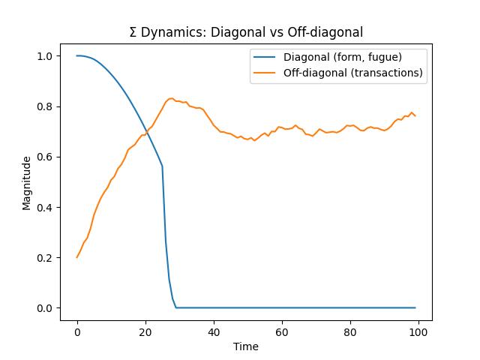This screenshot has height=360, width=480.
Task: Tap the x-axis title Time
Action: (x=246, y=346)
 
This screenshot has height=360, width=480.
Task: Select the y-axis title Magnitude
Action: (x=27, y=182)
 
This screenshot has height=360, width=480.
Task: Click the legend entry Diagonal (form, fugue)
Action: (x=342, y=57)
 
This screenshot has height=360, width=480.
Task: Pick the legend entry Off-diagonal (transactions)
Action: (x=352, y=73)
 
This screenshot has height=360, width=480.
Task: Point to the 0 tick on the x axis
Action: (x=77, y=329)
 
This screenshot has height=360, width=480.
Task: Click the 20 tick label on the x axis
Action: (x=145, y=329)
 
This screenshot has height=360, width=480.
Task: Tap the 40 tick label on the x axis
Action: (x=214, y=329)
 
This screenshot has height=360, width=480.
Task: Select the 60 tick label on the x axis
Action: (x=282, y=329)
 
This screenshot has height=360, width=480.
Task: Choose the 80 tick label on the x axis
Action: (x=350, y=329)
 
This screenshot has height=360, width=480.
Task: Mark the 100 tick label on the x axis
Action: (x=418, y=329)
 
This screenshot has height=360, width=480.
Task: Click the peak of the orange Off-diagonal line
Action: (x=172, y=98)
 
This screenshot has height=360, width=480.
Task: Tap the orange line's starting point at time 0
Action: (x=77, y=257)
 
